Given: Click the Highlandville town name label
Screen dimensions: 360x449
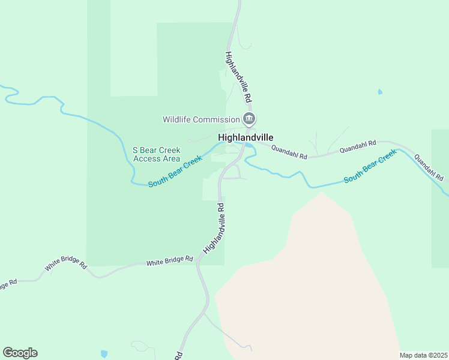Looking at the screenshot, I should pyautogui.click(x=246, y=137).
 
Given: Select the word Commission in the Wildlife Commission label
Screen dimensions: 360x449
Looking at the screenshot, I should pyautogui.click(x=217, y=119).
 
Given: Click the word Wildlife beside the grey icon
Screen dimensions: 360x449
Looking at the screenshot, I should pyautogui.click(x=178, y=119).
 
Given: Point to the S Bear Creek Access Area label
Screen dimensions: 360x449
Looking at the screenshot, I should pyautogui.click(x=155, y=154).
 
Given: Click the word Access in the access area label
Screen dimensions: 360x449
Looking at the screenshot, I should pyautogui.click(x=148, y=158).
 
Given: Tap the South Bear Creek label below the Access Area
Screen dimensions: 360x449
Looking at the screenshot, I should pyautogui.click(x=175, y=172).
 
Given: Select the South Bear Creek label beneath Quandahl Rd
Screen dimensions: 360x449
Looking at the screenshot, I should pyautogui.click(x=370, y=167).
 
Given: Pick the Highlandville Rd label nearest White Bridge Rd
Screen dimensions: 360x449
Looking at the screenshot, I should pyautogui.click(x=214, y=228).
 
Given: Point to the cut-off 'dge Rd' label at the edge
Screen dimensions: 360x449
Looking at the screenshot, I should pyautogui.click(x=8, y=283).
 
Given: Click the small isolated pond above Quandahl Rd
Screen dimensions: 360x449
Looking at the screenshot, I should pyautogui.click(x=379, y=92).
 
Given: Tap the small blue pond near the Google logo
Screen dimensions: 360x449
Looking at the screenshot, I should pyautogui.click(x=104, y=354).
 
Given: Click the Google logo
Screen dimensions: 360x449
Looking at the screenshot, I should pyautogui.click(x=20, y=353).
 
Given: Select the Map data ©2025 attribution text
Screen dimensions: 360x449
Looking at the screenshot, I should pyautogui.click(x=423, y=355).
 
